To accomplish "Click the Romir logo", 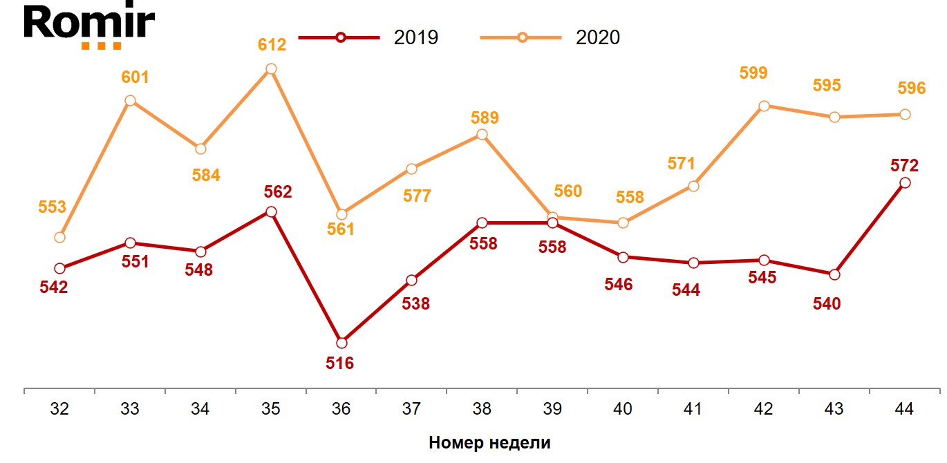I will click(x=88, y=27).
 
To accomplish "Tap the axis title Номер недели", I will click(x=489, y=443).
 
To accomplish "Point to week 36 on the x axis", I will click(x=341, y=408).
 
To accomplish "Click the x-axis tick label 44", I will click(x=903, y=408).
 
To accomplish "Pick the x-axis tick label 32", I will click(x=59, y=408).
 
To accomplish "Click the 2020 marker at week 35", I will click(x=271, y=69).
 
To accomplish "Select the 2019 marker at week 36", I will click(x=341, y=343).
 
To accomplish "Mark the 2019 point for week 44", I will click(x=904, y=182).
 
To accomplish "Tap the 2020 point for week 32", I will click(x=59, y=237).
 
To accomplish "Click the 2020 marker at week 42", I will click(x=764, y=106).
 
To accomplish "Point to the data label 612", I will click(x=272, y=46).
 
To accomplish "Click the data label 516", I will click(x=339, y=363).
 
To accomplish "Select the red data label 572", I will click(x=904, y=165).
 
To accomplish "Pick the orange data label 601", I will click(x=135, y=77).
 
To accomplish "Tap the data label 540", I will click(x=827, y=303).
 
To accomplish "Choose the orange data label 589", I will click(x=483, y=117).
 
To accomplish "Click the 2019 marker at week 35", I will click(x=271, y=211).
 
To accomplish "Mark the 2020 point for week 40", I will click(x=623, y=223).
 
